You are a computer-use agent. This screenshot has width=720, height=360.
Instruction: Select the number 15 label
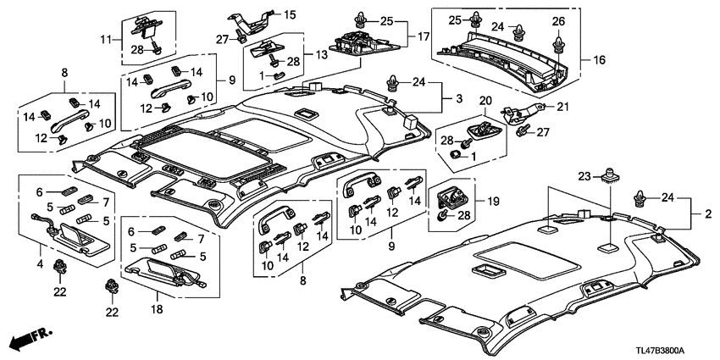[x=290, y=14]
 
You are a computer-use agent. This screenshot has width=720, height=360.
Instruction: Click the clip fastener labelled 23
[x=607, y=176]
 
